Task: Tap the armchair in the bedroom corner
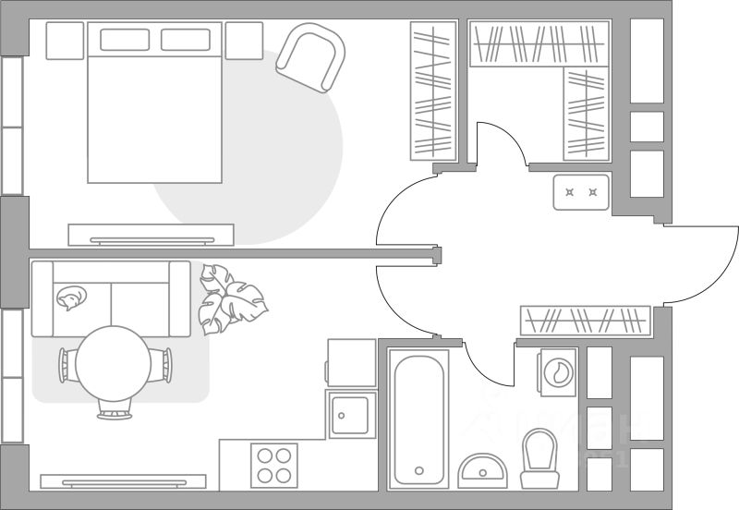point(309,57)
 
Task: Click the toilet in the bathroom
point(540,456)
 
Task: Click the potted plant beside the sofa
point(229,299)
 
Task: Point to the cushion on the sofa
point(69,296)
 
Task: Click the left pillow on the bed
point(124,40)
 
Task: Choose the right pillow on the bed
point(186,40)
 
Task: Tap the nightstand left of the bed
point(65,41)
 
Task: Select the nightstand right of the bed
point(244,41)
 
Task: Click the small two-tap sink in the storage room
point(580,192)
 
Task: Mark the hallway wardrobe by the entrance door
point(583,320)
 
